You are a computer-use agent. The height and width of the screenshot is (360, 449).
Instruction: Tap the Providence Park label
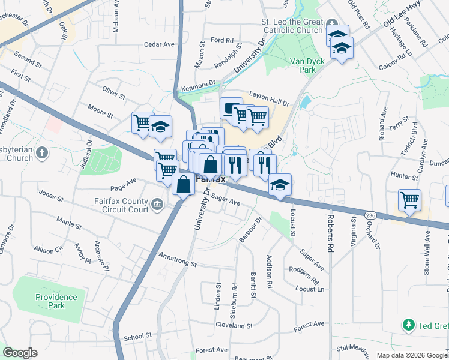click(x=56, y=301)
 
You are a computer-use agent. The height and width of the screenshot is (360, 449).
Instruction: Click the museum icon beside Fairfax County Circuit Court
click(x=157, y=206)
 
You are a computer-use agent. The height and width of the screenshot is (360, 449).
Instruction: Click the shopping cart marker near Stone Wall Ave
click(x=409, y=199)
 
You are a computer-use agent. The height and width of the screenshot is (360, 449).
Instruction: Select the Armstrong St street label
click(x=178, y=260)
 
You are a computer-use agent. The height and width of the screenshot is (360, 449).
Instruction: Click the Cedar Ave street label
click(x=160, y=44)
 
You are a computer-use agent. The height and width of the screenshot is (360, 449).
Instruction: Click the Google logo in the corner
click(x=20, y=353)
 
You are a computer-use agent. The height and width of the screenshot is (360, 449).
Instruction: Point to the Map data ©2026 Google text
click(x=411, y=355)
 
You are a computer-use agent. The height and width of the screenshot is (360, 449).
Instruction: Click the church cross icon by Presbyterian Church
click(x=42, y=152)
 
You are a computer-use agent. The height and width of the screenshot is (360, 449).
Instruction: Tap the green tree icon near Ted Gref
click(x=409, y=325)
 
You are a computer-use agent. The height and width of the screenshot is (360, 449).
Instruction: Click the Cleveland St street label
click(x=234, y=325)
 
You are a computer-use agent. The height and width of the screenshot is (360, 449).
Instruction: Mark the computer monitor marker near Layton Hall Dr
click(x=231, y=109)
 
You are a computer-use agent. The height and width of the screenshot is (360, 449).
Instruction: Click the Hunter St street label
click(x=403, y=176)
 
